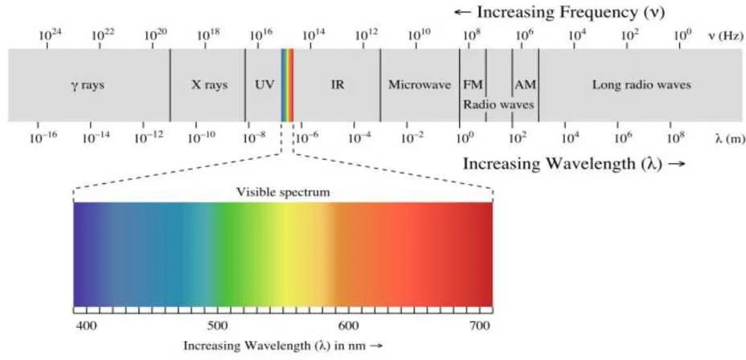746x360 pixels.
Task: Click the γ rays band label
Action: click(x=88, y=84)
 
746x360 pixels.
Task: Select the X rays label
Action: click(x=209, y=84)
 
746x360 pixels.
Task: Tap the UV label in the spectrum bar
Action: click(x=264, y=84)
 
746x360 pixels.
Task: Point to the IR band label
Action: click(x=337, y=84)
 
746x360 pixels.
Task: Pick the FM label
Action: click(x=472, y=84)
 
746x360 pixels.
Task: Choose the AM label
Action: click(x=525, y=84)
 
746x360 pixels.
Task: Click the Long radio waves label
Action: click(x=641, y=84)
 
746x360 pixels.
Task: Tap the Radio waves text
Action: click(x=498, y=104)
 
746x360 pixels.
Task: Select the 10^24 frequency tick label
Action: click(x=50, y=35)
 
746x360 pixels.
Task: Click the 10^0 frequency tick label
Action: click(x=682, y=35)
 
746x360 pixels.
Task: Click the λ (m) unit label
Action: click(x=729, y=139)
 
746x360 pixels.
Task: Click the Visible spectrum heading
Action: click(x=283, y=192)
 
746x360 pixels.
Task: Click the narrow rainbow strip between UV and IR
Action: click(x=287, y=84)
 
